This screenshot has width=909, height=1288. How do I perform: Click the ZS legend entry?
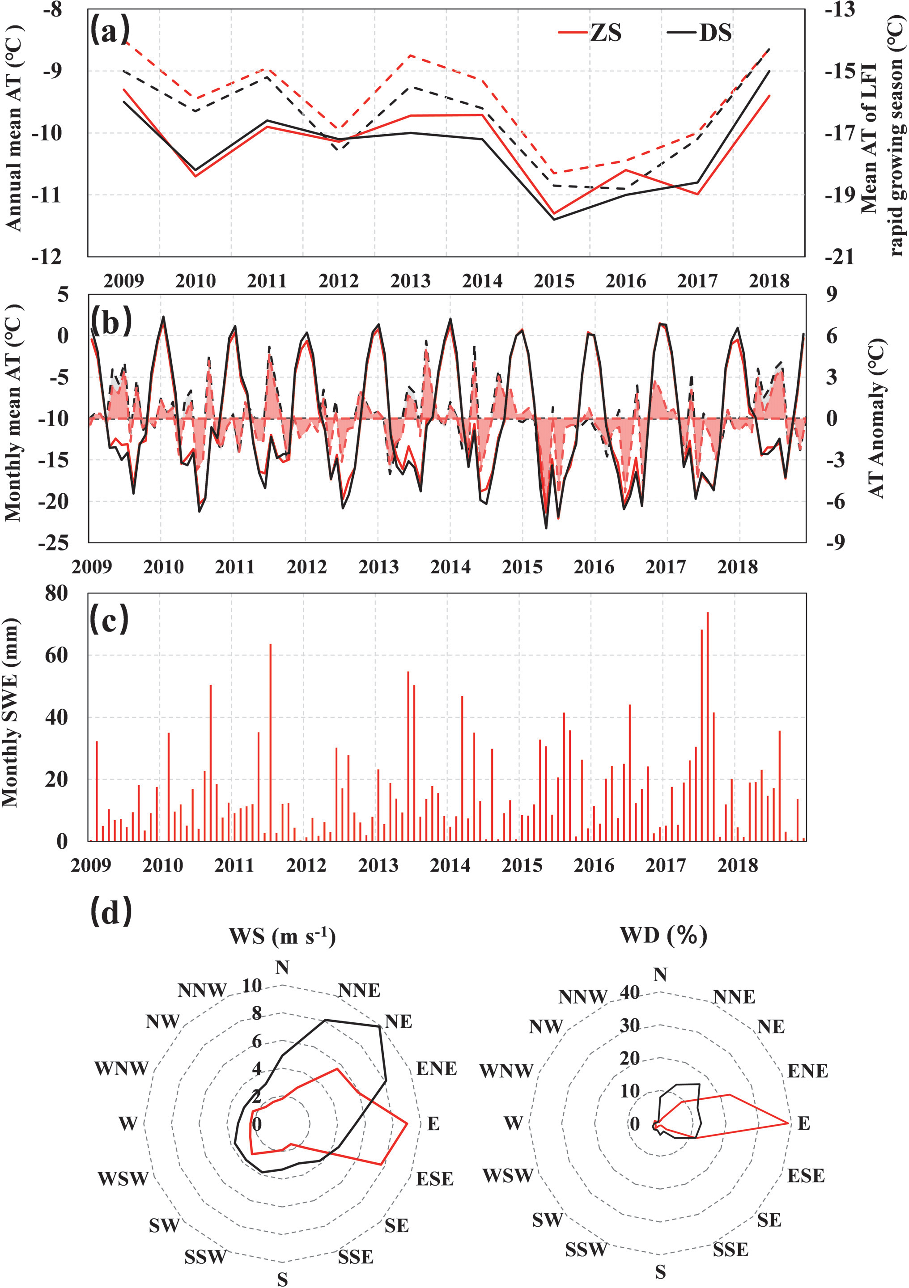[590, 33]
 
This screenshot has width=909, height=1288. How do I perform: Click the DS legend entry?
[700, 33]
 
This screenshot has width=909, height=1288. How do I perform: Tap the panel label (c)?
[110, 619]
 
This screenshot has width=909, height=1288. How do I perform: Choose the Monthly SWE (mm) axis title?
[11, 712]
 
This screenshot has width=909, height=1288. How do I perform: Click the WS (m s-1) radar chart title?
[282, 936]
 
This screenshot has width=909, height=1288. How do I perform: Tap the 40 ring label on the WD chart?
[629, 993]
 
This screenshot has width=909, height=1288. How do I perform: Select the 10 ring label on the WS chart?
[252, 986]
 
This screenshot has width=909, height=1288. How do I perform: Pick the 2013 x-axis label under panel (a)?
[410, 280]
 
